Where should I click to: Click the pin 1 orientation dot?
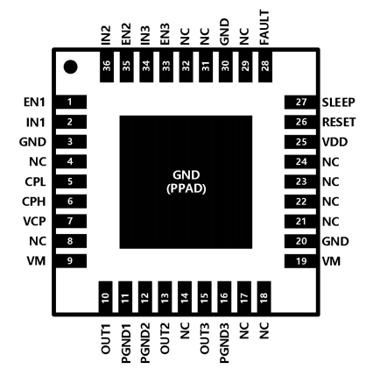pyautogui.click(x=70, y=67)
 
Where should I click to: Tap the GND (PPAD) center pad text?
pyautogui.click(x=187, y=181)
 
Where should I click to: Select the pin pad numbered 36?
pyautogui.click(x=107, y=66)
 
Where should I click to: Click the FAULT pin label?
pyautogui.click(x=264, y=27)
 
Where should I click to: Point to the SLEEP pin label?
pyautogui.click(x=339, y=103)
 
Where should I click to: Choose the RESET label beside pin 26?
pyautogui.click(x=339, y=122)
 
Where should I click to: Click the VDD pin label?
pyautogui.click(x=334, y=142)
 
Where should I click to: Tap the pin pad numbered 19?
pyautogui.click(x=300, y=261)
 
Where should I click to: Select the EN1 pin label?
pyautogui.click(x=34, y=103)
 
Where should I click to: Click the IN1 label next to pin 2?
pyautogui.click(x=36, y=122)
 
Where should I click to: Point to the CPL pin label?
pyautogui.click(x=35, y=181)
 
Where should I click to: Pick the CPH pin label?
pyautogui.click(x=34, y=202)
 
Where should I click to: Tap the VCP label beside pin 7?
pyautogui.click(x=34, y=221)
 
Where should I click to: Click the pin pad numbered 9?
pyautogui.click(x=71, y=261)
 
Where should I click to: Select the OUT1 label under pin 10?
pyautogui.click(x=106, y=339)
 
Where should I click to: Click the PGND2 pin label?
pyautogui.click(x=145, y=343)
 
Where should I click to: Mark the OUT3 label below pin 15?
pyautogui.click(x=205, y=338)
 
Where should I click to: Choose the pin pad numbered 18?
pyautogui.click(x=264, y=297)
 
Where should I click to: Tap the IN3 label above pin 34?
pyautogui.click(x=145, y=35)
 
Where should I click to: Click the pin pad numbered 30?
pyautogui.click(x=226, y=66)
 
